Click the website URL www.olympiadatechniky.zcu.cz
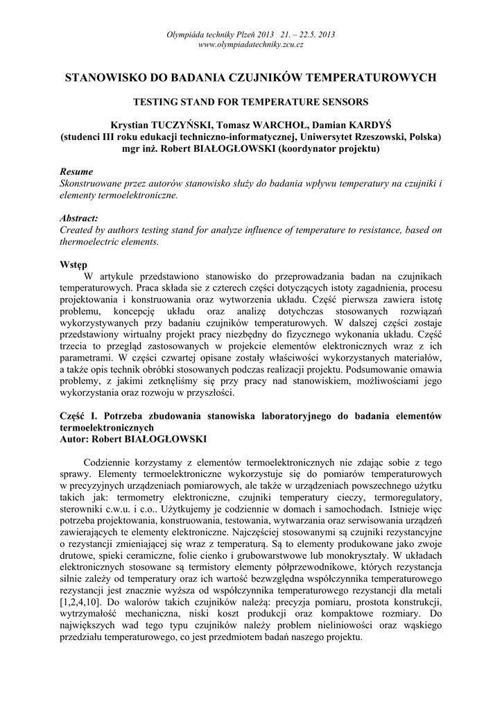tap(251, 44)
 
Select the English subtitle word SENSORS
tap(345, 101)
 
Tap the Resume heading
tap(76, 171)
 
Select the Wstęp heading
tap(73, 265)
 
